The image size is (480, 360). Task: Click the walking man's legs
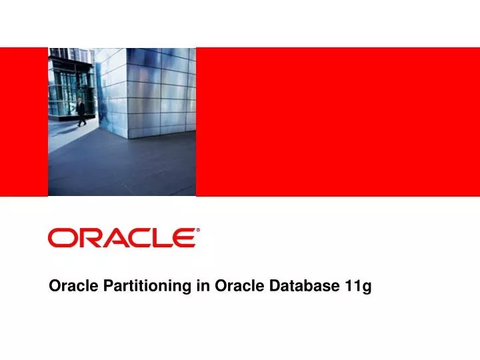[81, 121]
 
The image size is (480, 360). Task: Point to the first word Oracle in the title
[69, 287]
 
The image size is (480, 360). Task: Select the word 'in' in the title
[203, 287]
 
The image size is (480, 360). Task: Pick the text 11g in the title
[358, 287]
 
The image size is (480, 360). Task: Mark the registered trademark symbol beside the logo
[197, 231]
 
